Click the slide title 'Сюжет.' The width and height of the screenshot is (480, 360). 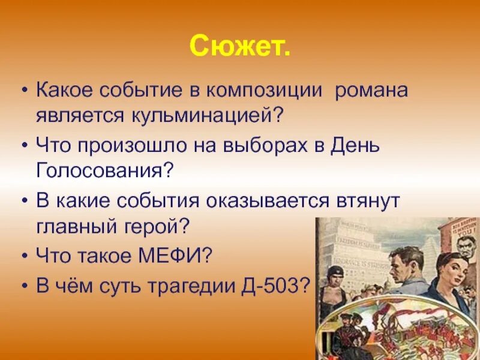pyautogui.click(x=240, y=46)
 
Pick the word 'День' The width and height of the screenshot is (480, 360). pyautogui.click(x=356, y=146)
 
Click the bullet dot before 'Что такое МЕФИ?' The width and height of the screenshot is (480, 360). pyautogui.click(x=23, y=256)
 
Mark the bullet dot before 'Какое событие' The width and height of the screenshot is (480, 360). pyautogui.click(x=23, y=91)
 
